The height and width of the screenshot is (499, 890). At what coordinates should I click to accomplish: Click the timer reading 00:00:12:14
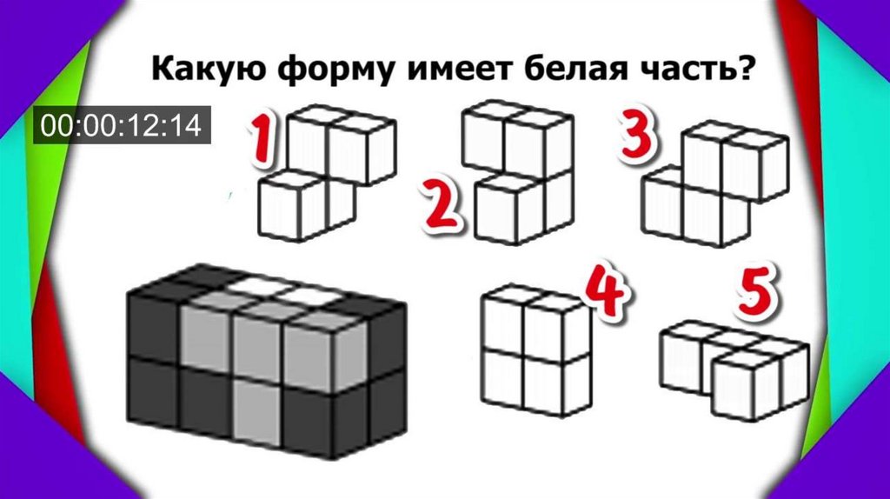122,125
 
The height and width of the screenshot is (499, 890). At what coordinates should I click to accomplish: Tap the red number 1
262,138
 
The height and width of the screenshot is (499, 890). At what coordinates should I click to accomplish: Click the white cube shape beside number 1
327,172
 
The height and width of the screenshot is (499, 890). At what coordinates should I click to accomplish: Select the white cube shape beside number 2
518,172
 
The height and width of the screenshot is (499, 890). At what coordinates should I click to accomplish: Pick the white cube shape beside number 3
715,183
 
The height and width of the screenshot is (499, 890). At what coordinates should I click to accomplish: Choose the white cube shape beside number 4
535,351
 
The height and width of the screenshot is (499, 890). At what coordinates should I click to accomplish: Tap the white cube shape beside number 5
734,370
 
